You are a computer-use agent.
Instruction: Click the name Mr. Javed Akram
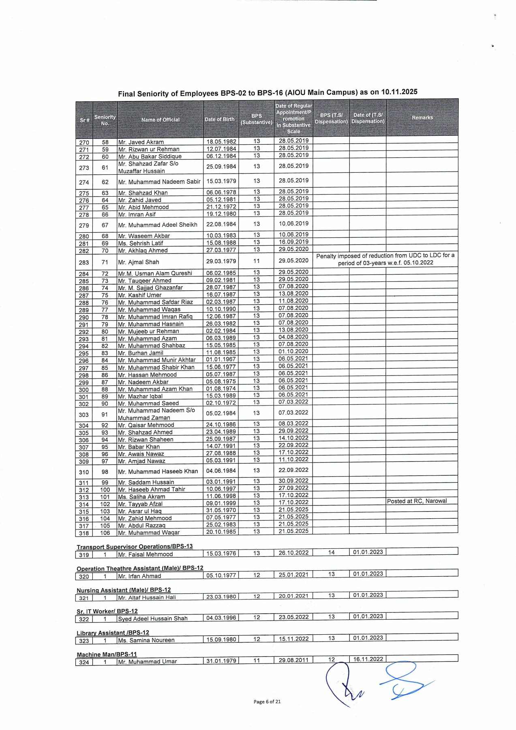[141, 142]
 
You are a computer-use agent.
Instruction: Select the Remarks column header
[422, 118]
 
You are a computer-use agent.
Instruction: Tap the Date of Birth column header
[219, 119]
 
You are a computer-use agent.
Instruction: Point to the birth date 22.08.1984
[221, 224]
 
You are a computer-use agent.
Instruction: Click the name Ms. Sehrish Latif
[140, 243]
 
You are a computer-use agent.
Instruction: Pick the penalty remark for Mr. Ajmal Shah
[385, 259]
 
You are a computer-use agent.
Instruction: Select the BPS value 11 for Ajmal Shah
[257, 261]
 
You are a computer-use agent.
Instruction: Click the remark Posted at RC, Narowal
[417, 501]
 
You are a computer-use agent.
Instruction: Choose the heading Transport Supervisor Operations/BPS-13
[135, 546]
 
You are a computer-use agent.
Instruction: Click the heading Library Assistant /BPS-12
[113, 633]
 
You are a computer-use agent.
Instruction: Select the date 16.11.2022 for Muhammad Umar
[368, 659]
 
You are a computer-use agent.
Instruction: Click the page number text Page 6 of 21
[267, 702]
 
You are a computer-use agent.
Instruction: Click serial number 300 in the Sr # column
[84, 390]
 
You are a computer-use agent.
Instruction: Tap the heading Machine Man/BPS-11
[107, 655]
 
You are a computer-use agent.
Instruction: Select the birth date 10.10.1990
[221, 309]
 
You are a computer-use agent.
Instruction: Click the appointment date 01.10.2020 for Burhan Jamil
[293, 351]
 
